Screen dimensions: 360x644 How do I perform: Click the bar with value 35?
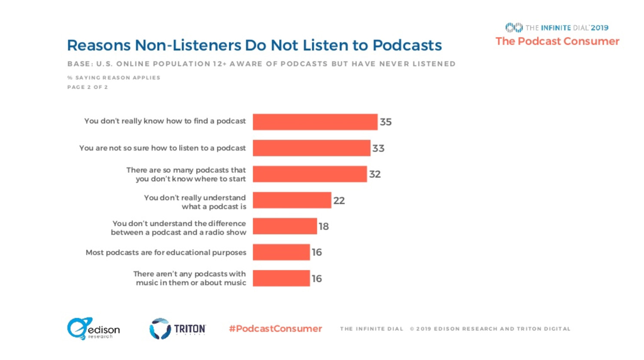click(315, 122)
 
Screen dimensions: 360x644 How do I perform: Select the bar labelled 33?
click(311, 148)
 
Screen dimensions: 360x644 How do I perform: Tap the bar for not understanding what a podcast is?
click(292, 200)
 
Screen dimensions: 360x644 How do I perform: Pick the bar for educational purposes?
click(281, 252)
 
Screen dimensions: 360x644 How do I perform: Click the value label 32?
click(375, 174)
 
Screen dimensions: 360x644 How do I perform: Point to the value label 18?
click(324, 226)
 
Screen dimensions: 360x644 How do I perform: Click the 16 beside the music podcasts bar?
click(317, 279)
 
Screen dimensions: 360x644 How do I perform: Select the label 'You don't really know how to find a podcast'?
click(165, 121)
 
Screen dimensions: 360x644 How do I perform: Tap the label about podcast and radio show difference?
click(179, 228)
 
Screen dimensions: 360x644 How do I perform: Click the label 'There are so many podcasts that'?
click(186, 170)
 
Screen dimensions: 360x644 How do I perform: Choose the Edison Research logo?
click(93, 329)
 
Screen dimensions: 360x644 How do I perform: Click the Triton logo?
click(177, 329)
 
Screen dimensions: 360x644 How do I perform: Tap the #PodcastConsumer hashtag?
click(275, 329)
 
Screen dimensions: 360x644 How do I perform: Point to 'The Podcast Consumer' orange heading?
click(557, 41)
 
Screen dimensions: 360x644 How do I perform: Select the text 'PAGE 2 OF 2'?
click(88, 87)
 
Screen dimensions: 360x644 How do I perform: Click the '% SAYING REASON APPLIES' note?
click(114, 78)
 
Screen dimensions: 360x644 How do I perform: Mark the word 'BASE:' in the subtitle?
click(79, 64)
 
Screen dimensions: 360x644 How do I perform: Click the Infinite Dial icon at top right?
click(514, 28)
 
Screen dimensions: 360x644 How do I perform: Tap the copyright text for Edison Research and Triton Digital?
click(490, 329)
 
